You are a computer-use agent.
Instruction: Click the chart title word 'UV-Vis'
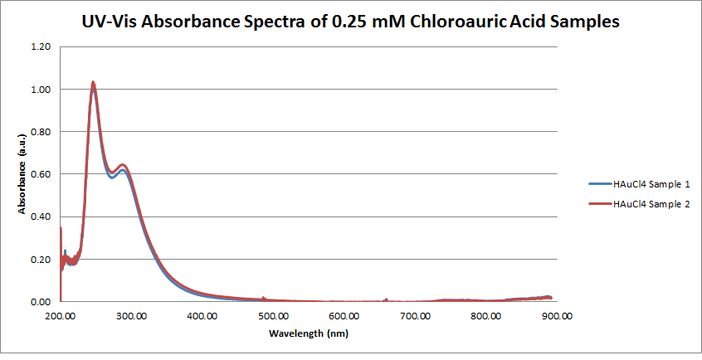(x=115, y=23)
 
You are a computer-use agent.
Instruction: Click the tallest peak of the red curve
(x=93, y=82)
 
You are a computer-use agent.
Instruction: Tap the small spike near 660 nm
(x=386, y=299)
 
